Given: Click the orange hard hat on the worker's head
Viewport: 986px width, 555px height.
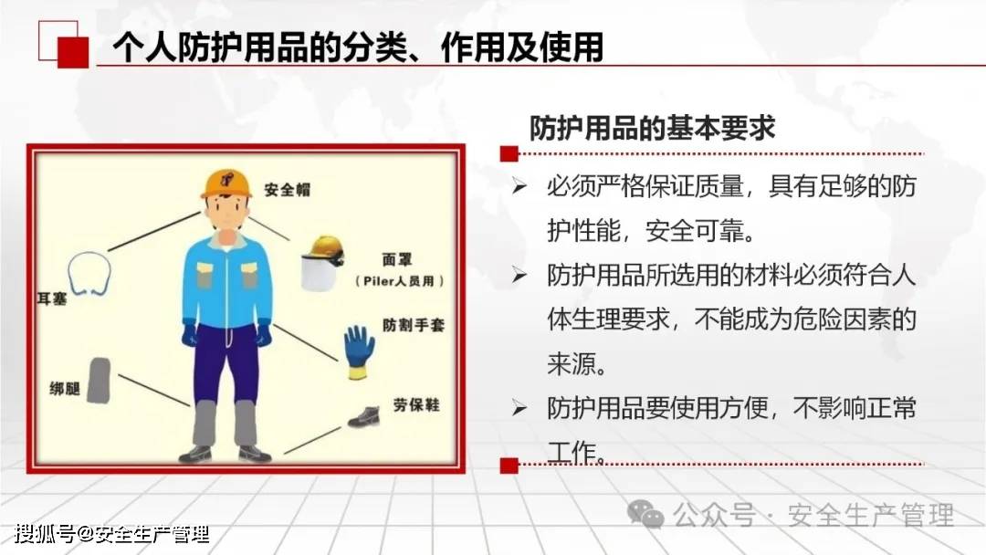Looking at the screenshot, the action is point(226,183).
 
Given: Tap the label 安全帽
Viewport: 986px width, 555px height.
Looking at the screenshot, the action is point(288,189).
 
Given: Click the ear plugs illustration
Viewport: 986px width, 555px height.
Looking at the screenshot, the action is point(89,274).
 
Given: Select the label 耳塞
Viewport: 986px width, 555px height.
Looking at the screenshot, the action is point(52,298).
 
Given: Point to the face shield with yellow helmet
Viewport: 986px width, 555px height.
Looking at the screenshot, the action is point(322,264).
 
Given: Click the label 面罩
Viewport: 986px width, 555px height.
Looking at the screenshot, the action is point(397,259).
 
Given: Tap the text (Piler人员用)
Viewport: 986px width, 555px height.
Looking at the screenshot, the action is point(400,281).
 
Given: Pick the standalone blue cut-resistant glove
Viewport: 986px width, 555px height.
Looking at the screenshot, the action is point(359,352).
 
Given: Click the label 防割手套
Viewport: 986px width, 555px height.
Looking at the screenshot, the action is point(414,325).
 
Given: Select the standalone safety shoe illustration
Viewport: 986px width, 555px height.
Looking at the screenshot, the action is point(364,417).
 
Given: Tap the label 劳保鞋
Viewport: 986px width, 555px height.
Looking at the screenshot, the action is point(416,404).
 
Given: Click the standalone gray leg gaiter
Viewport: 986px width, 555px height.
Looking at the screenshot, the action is point(100,381).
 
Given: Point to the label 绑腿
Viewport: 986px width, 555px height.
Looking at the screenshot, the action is point(65,389).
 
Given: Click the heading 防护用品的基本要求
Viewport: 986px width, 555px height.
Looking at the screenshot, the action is point(652,128).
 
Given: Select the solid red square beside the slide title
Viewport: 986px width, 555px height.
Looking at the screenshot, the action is point(73,52).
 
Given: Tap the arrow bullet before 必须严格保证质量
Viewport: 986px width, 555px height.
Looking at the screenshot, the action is point(519,186).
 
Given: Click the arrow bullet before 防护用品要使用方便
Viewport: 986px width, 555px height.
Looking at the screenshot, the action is point(519,408).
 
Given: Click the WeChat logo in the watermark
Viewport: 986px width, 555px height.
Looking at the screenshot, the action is point(645,514).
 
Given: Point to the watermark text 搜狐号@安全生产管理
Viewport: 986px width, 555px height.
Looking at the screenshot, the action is point(112,534).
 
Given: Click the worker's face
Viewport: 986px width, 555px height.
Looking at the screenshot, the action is point(226,213).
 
